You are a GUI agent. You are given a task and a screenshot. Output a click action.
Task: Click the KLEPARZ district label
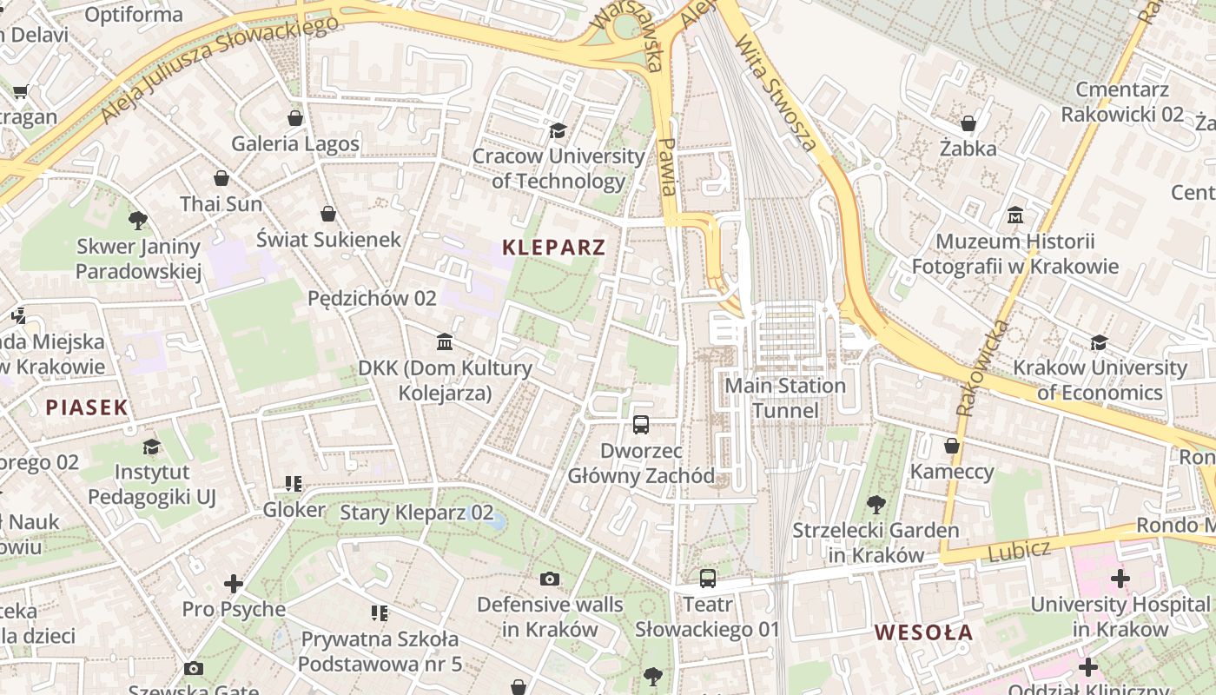(553, 248)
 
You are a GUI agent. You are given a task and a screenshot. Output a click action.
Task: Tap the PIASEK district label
(87, 407)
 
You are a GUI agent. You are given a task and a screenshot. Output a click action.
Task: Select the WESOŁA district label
(923, 632)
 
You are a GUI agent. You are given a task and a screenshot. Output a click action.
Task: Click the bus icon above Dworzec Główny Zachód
(641, 425)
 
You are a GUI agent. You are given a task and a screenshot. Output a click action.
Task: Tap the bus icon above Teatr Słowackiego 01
(708, 578)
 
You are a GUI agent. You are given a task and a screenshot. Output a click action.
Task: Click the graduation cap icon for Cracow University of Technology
(558, 130)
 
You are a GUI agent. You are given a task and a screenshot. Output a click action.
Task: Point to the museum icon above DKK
(446, 341)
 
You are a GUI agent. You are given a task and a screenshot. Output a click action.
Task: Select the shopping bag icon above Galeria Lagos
(295, 118)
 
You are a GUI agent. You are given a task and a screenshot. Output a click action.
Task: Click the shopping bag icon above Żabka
(968, 123)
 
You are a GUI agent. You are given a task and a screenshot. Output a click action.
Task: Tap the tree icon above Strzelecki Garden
(876, 504)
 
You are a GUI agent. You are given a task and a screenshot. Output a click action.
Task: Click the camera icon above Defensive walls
(550, 579)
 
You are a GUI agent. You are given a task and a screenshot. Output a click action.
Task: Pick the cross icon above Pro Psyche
(234, 583)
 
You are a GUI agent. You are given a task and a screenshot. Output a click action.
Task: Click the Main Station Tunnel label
(785, 398)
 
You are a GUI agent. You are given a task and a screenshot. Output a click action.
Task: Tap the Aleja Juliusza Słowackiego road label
(217, 69)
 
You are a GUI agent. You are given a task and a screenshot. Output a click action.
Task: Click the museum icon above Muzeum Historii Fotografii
(1015, 215)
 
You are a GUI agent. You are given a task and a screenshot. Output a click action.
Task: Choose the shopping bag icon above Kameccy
(952, 446)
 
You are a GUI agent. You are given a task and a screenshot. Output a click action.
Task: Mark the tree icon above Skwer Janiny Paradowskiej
(137, 220)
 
